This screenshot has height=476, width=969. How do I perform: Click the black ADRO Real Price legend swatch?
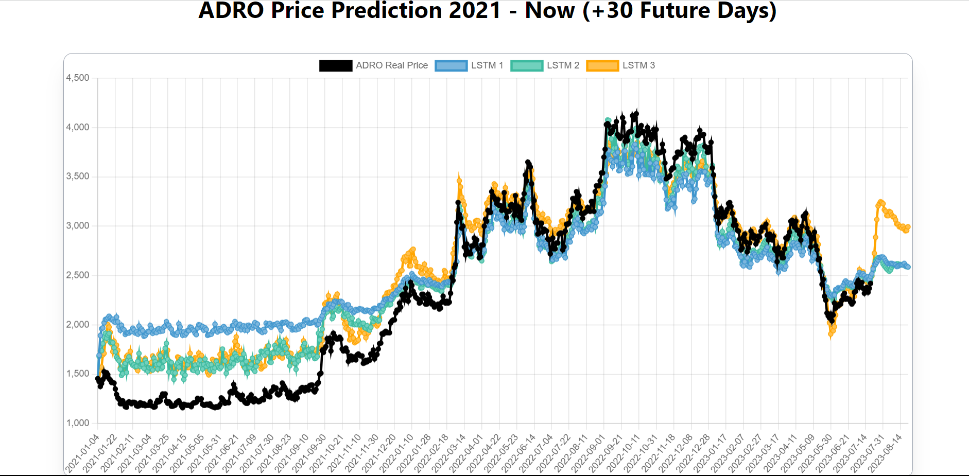pyautogui.click(x=336, y=66)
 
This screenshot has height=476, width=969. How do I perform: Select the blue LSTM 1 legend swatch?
pyautogui.click(x=451, y=66)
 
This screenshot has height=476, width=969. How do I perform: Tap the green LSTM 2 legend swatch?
pyautogui.click(x=527, y=66)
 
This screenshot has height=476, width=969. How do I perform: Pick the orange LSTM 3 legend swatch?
pyautogui.click(x=602, y=66)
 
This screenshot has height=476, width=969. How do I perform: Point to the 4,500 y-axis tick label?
pyautogui.click(x=78, y=78)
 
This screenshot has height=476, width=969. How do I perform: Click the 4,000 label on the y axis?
pyautogui.click(x=78, y=127)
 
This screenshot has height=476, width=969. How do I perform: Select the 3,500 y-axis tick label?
pyautogui.click(x=78, y=177)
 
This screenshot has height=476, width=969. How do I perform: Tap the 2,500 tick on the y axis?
pyautogui.click(x=78, y=275)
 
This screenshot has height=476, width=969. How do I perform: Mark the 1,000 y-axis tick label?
pyautogui.click(x=78, y=423)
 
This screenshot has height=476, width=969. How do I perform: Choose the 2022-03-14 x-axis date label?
pyautogui.click(x=449, y=453)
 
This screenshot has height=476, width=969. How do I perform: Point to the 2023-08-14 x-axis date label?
pyautogui.click(x=886, y=453)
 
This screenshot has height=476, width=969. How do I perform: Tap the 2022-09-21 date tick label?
pyautogui.click(x=607, y=453)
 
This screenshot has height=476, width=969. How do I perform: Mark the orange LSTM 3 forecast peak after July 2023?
pyautogui.click(x=880, y=202)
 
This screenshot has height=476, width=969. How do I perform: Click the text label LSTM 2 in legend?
pyautogui.click(x=563, y=65)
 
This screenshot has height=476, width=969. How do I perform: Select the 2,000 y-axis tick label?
pyautogui.click(x=78, y=324)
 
